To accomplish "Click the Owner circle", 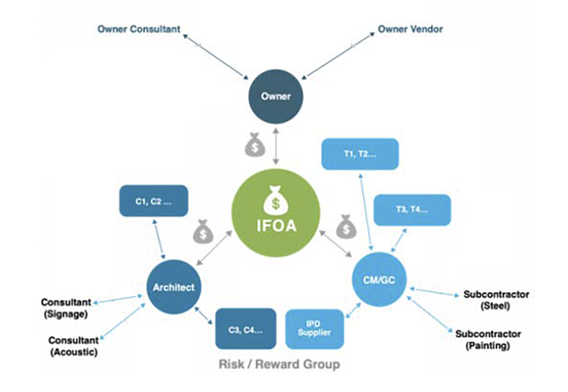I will point(276,97).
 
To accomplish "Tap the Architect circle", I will point(173,287).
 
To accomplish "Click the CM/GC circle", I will point(380,280).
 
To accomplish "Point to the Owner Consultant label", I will point(139,29).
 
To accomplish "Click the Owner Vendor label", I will point(410,29).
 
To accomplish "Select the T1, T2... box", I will point(360,154).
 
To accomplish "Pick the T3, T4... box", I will point(411,210).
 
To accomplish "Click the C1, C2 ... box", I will point(153,201).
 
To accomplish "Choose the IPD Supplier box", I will point(314,328).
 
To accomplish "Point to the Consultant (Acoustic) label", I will point(73,345).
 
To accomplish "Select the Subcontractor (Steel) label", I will point(495,300).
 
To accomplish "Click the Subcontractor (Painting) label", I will point(488,340).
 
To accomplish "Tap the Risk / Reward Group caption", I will point(279,365).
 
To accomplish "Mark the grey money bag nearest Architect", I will point(203,230).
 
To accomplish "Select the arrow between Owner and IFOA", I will point(276,145).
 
